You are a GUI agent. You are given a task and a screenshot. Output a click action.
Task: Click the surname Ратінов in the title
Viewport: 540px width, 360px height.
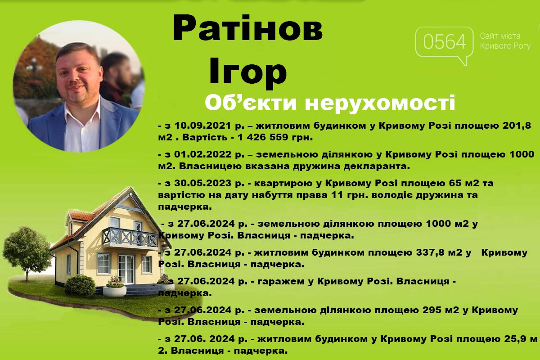pyautogui.click(x=248, y=28)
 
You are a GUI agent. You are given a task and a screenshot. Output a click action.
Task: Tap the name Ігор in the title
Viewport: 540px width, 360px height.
pyautogui.click(x=248, y=70)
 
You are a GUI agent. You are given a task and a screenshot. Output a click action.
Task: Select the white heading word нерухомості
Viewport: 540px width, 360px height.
pyautogui.click(x=380, y=103)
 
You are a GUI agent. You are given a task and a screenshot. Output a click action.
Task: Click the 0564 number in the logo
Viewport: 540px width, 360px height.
pyautogui.click(x=445, y=42)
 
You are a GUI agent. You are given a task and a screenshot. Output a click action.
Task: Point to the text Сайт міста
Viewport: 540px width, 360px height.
pyautogui.click(x=500, y=36)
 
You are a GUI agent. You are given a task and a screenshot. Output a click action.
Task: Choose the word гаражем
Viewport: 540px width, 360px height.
pyautogui.click(x=281, y=282)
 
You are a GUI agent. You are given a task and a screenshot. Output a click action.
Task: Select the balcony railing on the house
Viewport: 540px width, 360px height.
pyautogui.click(x=130, y=238)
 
